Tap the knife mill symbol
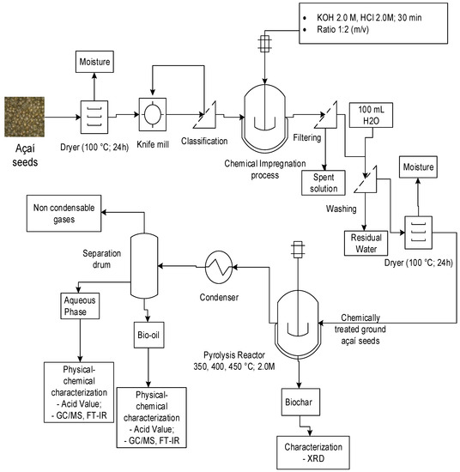pos(152,114)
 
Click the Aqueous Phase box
pos(82,303)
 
